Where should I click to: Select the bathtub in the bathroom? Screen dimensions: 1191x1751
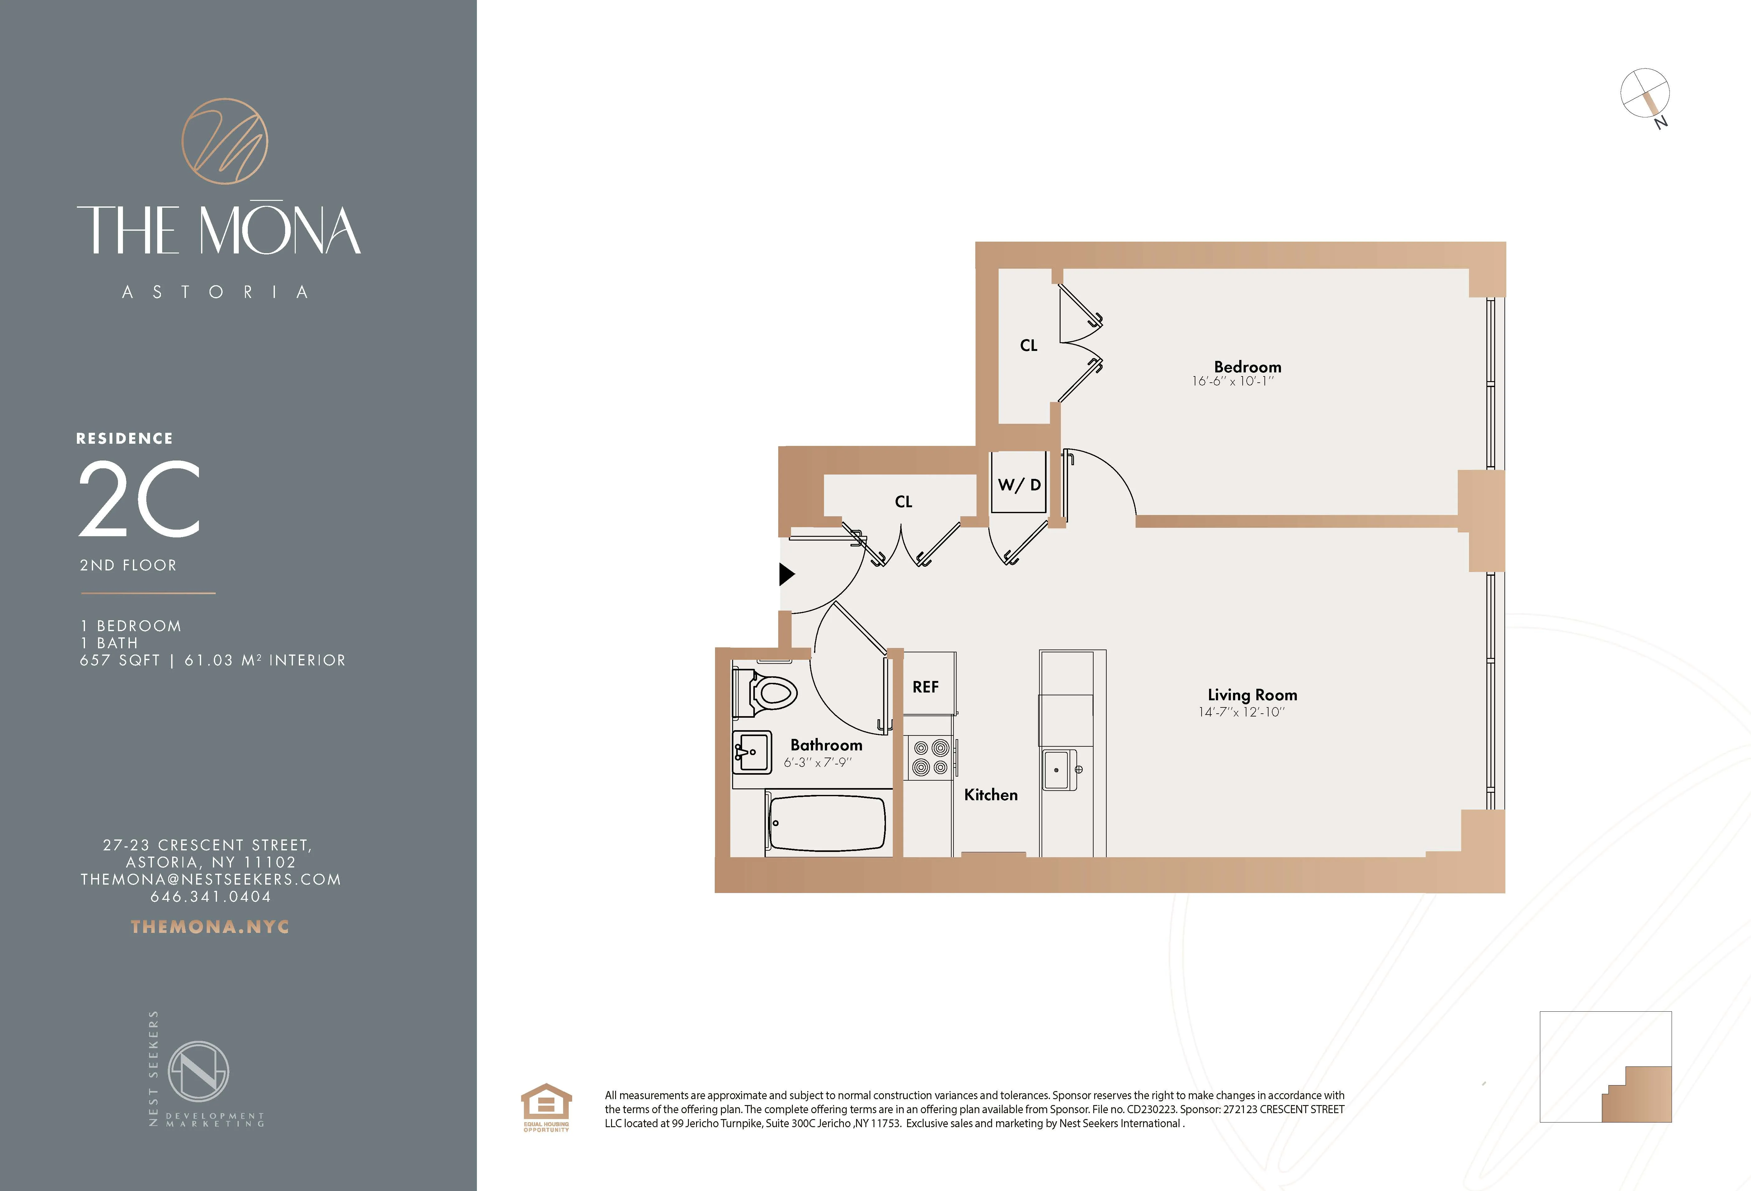click(826, 823)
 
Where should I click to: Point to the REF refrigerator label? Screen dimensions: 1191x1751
click(925, 687)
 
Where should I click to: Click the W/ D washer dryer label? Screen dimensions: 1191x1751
click(1019, 485)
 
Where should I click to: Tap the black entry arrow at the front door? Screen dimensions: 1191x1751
click(786, 574)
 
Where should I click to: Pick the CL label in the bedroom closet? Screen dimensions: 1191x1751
click(1028, 345)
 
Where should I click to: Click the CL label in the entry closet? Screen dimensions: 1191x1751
click(903, 502)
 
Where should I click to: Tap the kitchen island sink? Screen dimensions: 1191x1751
click(1059, 770)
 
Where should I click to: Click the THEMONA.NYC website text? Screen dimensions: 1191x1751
click(210, 926)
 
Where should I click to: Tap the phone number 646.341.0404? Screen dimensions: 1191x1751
click(210, 896)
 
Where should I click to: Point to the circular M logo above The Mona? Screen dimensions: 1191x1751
click(224, 141)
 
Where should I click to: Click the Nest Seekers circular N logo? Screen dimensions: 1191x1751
click(198, 1071)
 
